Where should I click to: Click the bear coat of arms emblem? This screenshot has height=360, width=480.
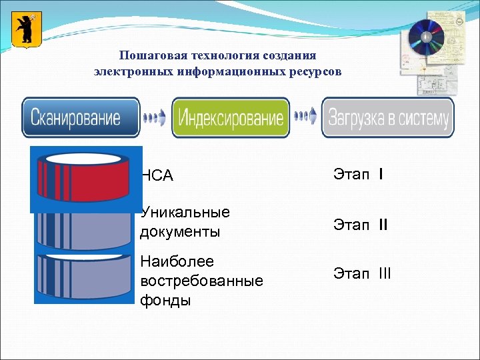tap(27, 29)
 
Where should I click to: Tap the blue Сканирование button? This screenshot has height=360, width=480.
tap(81, 118)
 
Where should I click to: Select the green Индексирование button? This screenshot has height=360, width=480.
tap(231, 118)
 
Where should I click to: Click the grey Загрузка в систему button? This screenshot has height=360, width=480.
tap(387, 118)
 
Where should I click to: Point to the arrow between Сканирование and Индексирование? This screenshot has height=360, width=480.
tap(155, 118)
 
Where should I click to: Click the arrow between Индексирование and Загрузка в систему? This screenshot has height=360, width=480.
tap(306, 117)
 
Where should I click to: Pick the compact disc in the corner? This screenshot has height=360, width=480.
tap(425, 37)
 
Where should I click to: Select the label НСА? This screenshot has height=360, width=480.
tap(157, 176)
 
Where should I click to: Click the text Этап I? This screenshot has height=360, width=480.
tap(357, 175)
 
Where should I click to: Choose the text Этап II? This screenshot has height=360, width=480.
tap(360, 225)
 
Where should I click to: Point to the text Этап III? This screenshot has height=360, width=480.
tap(362, 273)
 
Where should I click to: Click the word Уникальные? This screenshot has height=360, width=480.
tap(185, 213)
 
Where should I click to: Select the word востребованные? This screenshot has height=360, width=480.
tap(202, 281)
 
